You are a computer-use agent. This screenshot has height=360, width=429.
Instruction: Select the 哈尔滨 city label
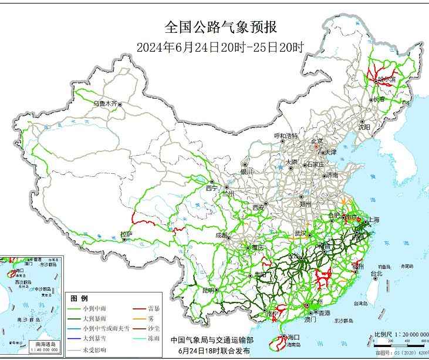pos(387,79)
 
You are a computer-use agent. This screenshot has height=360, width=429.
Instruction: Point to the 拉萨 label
pos(126,234)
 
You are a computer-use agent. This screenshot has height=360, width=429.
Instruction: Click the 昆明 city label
pos(208,290)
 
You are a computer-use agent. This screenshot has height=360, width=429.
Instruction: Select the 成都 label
pos(221,235)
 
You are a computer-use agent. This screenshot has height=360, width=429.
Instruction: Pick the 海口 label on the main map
pos(293,337)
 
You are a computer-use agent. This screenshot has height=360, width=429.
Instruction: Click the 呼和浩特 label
pos(286,136)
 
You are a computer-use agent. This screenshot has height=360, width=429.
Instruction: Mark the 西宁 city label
pos(211,189)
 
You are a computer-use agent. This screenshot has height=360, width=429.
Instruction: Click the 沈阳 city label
pos(364,126)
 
